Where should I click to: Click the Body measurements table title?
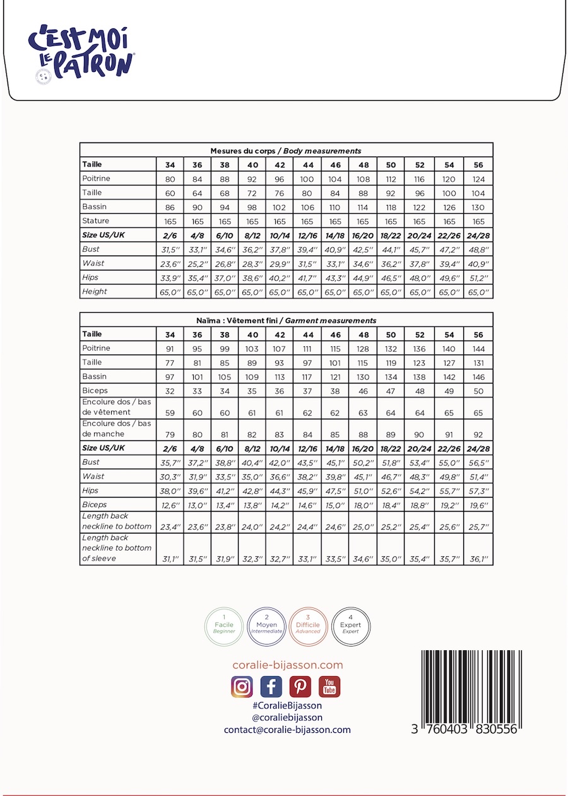point(286,151)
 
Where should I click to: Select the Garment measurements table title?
point(286,320)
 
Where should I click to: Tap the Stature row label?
point(96,221)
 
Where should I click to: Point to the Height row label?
point(95,291)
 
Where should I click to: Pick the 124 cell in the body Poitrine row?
point(478,179)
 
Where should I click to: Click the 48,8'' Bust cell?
point(478,250)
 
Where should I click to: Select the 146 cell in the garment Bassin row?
point(478,377)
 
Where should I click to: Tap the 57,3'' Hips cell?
point(478,491)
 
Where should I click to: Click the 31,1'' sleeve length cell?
point(170,559)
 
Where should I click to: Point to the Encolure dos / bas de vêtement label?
point(117,407)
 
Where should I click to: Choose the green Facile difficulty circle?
point(224,625)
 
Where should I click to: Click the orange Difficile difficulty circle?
point(308,625)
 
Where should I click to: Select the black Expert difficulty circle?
point(350,625)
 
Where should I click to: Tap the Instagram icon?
point(242,687)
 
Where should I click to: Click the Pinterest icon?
point(300,687)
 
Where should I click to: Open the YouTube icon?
point(329,687)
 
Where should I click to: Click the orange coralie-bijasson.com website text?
point(287,665)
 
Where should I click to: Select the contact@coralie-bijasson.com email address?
point(287,730)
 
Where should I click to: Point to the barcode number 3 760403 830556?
point(464,729)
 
